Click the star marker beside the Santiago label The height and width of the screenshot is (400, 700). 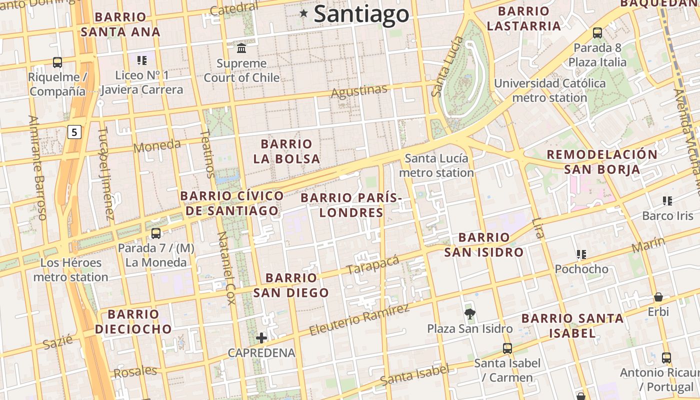(303, 13)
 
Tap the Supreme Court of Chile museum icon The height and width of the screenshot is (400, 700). (241, 48)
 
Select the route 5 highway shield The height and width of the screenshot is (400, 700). (74, 132)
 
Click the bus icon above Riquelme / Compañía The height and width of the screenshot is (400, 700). (57, 62)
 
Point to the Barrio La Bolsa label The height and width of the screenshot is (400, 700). (286, 151)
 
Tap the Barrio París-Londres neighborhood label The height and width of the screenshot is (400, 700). (351, 205)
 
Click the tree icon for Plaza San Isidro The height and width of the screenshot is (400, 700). (469, 314)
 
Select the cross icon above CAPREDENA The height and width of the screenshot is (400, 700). (261, 338)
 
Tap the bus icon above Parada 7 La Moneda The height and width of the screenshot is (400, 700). (156, 233)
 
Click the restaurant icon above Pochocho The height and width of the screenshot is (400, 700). (581, 254)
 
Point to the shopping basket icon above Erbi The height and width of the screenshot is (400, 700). (658, 297)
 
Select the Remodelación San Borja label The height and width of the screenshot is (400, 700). (602, 161)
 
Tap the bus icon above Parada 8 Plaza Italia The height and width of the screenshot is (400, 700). (597, 33)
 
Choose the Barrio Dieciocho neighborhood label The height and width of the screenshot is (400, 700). (133, 321)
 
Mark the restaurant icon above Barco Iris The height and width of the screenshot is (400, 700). (667, 201)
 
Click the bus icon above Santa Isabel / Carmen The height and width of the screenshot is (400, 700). (507, 348)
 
